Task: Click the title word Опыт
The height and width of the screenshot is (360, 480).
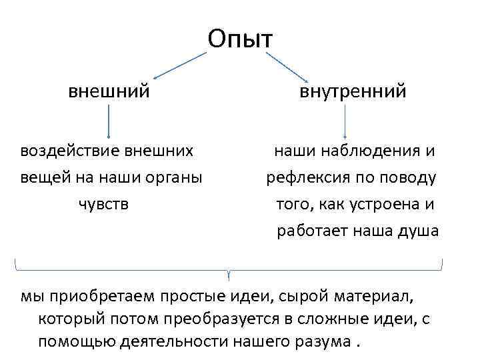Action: pyautogui.click(x=240, y=39)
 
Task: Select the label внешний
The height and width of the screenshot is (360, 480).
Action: pyautogui.click(x=109, y=90)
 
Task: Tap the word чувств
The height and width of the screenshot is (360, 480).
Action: pyautogui.click(x=104, y=203)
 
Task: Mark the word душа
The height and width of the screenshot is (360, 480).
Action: pyautogui.click(x=419, y=231)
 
